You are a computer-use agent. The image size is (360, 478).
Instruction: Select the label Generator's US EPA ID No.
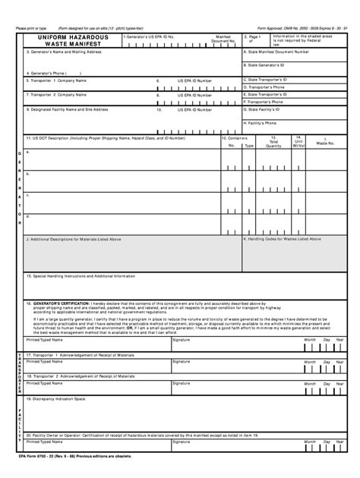pos(150,36)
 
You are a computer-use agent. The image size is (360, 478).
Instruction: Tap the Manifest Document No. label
pos(223,38)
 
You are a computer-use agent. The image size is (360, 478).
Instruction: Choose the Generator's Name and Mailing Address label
pos(64,52)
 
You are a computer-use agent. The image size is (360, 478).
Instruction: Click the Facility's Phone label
pos(266,122)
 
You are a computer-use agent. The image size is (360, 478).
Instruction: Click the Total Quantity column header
pos(273,142)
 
